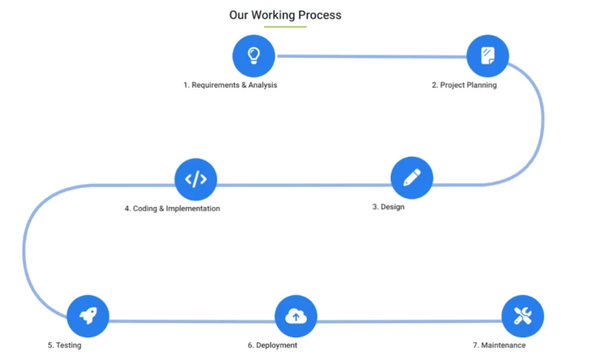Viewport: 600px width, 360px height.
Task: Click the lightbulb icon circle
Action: [253, 55]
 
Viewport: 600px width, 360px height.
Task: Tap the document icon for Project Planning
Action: [487, 55]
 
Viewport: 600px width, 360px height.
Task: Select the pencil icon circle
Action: [412, 178]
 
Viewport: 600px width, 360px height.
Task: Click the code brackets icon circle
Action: [195, 179]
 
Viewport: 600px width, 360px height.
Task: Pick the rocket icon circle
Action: [88, 316]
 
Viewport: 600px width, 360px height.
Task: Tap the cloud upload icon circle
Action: [296, 316]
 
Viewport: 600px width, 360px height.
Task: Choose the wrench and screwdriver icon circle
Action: [522, 316]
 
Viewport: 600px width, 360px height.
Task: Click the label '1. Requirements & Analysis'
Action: [230, 85]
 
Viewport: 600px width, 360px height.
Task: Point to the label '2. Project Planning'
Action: [463, 85]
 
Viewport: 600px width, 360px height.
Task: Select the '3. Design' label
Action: [388, 207]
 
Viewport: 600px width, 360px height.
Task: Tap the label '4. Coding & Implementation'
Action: [172, 208]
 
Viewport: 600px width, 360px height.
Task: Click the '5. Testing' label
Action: [64, 346]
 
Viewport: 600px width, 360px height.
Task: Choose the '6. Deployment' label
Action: [272, 346]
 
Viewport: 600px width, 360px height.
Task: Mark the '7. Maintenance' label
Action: [499, 346]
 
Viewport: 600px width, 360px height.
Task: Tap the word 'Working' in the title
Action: [272, 15]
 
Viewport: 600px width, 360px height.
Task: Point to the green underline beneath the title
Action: [285, 27]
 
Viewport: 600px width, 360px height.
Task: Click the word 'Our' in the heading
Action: [238, 15]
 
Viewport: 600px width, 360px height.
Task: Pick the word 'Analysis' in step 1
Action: [262, 85]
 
